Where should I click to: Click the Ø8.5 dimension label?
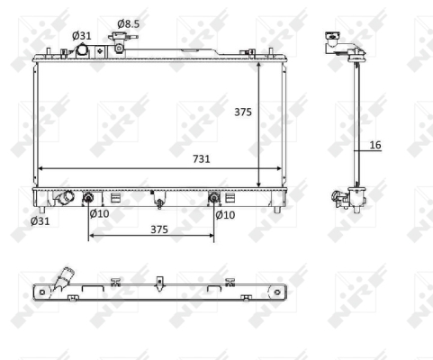point(129,23)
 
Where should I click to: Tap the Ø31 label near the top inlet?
point(81,36)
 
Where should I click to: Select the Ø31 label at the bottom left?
point(40,221)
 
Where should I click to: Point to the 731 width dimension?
point(202,158)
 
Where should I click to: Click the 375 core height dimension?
point(243,112)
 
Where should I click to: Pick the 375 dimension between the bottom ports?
point(159,229)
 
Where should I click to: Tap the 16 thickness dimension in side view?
point(375,145)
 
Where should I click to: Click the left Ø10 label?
point(99,214)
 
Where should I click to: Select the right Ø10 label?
point(225,215)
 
